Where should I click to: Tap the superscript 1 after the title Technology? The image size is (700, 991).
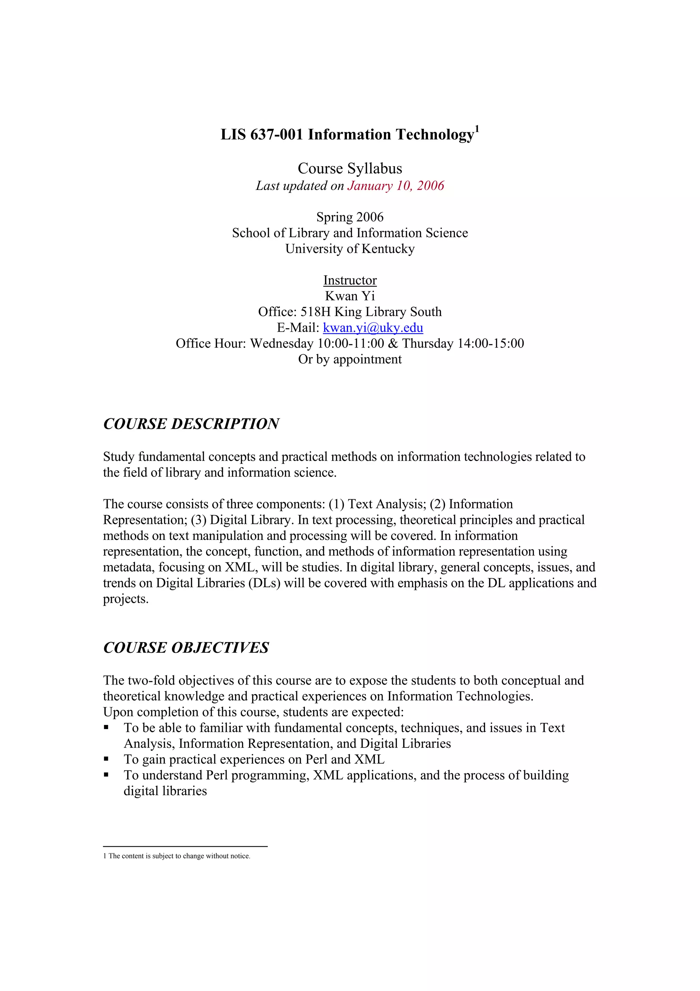(477, 129)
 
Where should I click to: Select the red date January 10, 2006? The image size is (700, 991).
(395, 186)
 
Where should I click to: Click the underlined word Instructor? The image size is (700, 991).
(350, 280)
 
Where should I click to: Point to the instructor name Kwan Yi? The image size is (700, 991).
(350, 296)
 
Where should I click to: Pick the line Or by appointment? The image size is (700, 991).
(350, 359)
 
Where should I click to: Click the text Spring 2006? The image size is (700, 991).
(350, 217)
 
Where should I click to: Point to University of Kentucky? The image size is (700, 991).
(350, 249)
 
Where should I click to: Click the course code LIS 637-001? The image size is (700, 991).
(262, 135)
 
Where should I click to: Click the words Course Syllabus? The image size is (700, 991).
(350, 168)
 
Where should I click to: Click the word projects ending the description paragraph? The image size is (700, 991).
(125, 599)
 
